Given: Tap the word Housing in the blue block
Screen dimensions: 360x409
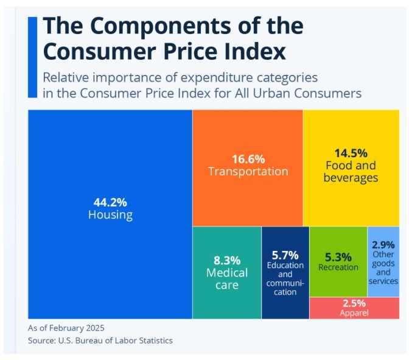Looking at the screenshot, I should click(110, 215).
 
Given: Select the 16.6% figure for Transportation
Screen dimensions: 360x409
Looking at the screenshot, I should click(248, 159).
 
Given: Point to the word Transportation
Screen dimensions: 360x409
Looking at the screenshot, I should click(248, 172).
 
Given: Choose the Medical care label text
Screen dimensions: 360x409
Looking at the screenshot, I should click(226, 278).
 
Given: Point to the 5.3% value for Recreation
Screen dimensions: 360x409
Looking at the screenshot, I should click(338, 256).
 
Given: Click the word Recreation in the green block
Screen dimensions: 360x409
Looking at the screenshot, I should click(338, 267).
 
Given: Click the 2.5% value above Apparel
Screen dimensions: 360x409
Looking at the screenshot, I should click(354, 303).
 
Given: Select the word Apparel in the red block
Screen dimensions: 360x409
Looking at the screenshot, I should click(354, 313).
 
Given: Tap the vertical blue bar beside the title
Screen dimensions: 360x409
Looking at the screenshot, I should click(32, 57).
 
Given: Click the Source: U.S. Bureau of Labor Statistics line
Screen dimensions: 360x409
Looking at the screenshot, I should click(100, 341).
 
